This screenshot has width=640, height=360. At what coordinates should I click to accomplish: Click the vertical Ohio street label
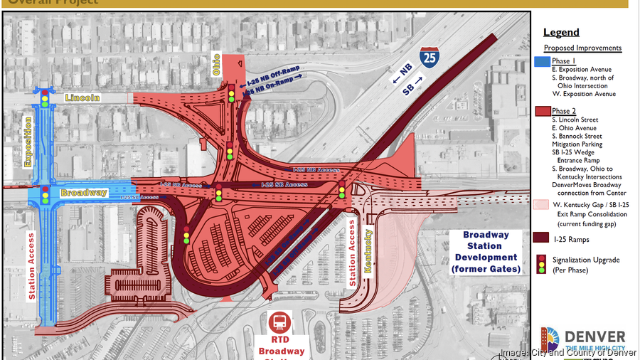pos(216,65)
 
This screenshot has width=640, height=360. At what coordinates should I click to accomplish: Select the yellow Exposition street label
pos(28,142)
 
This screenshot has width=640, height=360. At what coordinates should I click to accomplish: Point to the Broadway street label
pos(83,193)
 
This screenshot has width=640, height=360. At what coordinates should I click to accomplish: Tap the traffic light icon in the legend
pos(541,264)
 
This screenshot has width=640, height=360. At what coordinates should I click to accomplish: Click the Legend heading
pos(561,32)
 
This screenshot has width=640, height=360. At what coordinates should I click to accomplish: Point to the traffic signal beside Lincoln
pos(46,98)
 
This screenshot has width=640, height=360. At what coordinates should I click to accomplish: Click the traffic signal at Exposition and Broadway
pos(46,194)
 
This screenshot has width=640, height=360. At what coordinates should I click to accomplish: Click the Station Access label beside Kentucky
pos(351,253)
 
